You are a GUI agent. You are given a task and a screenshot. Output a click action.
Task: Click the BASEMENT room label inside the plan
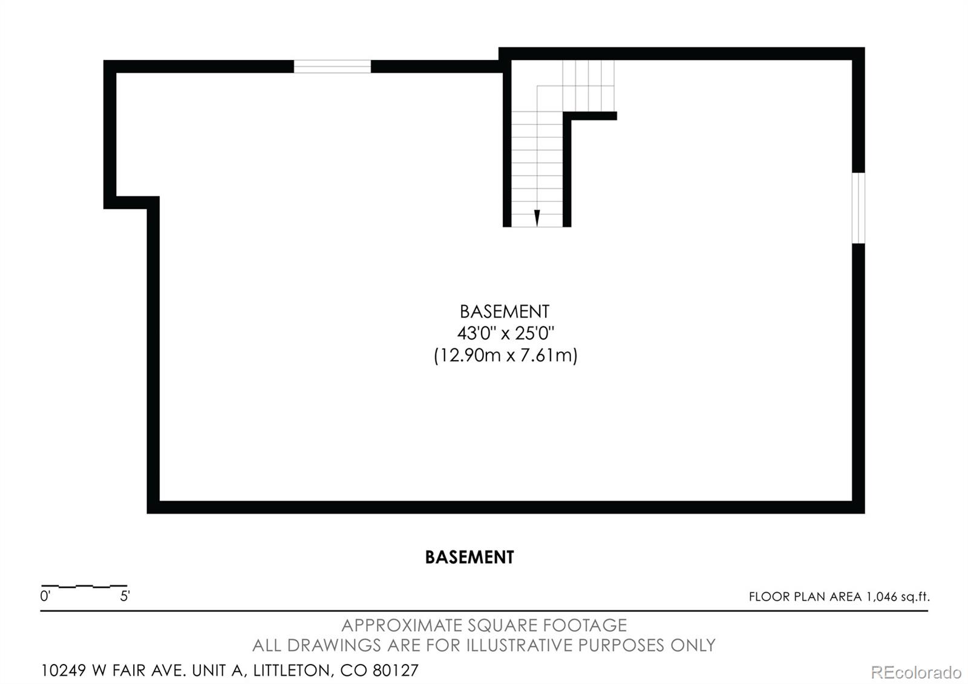(505, 312)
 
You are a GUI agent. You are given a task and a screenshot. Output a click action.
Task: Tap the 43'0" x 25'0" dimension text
(505, 334)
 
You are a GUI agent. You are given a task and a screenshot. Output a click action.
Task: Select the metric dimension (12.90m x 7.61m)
(505, 355)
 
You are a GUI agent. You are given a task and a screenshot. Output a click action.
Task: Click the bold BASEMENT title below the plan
(469, 557)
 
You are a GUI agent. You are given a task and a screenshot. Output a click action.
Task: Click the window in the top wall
(332, 67)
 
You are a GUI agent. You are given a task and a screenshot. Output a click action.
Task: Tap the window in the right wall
(858, 208)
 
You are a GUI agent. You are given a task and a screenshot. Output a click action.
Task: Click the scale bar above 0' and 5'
(84, 586)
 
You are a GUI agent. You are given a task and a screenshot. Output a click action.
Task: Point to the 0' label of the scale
(45, 597)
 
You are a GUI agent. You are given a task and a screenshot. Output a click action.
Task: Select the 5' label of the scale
(125, 597)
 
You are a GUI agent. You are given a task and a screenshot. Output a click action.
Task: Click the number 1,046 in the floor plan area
(881, 597)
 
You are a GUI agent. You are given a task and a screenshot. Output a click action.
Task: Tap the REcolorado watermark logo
(916, 672)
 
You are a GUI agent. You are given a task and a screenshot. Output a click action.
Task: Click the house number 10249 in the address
(64, 671)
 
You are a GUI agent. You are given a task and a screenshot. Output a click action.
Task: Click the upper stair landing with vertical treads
(588, 85)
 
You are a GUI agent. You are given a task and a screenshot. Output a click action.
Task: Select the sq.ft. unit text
(915, 597)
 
